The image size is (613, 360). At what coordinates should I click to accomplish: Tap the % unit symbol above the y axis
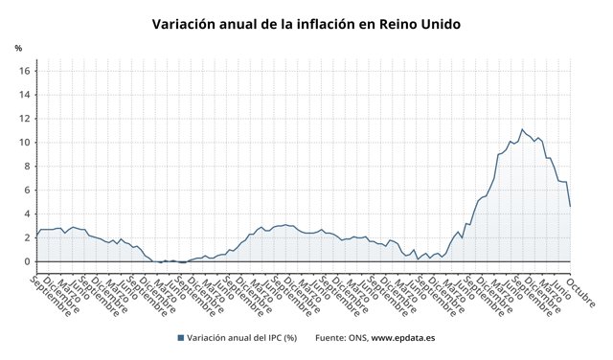pos(18,48)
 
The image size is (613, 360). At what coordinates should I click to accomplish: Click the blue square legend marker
pos(180,338)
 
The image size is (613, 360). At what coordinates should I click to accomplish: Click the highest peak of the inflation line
pos(521,129)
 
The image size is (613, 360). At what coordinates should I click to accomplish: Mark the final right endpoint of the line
pos(571,206)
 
